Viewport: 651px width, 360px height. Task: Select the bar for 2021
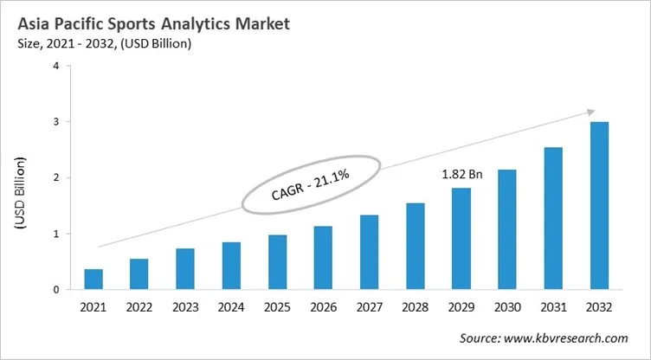(x=93, y=280)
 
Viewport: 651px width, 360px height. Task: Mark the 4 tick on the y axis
(x=56, y=66)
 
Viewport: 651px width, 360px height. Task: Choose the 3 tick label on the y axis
(x=56, y=122)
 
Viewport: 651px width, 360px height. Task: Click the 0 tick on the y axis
(x=56, y=290)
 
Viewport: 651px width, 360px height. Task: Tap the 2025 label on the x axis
(x=277, y=307)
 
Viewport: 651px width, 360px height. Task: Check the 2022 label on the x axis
(x=139, y=307)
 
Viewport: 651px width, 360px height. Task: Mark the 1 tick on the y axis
(x=56, y=234)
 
